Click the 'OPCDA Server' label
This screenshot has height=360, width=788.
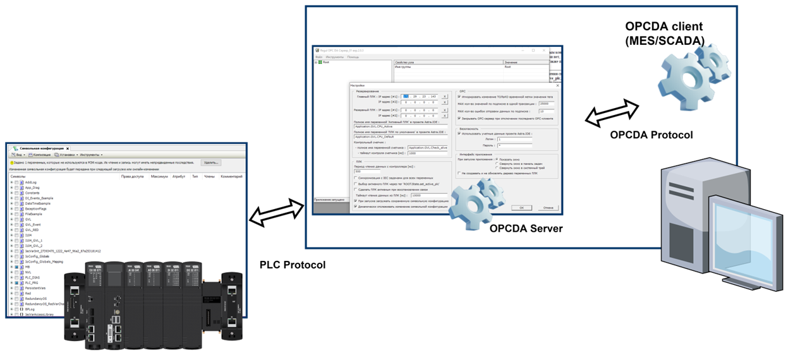coord(526,228)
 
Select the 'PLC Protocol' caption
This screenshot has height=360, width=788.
coord(293,265)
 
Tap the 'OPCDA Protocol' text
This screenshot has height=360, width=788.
coord(651,135)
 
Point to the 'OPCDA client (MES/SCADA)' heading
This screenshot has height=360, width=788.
coord(664,33)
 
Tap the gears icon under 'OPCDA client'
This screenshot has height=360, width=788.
coord(693,75)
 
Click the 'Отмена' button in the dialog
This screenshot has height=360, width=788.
coord(547,207)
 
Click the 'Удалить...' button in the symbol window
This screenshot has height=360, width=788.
coord(211,162)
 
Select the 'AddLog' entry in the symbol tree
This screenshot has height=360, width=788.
coord(32,182)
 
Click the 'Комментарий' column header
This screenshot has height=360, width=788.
coord(231,176)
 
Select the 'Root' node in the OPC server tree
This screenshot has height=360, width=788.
coord(326,63)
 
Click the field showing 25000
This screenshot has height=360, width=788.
coord(546,104)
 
